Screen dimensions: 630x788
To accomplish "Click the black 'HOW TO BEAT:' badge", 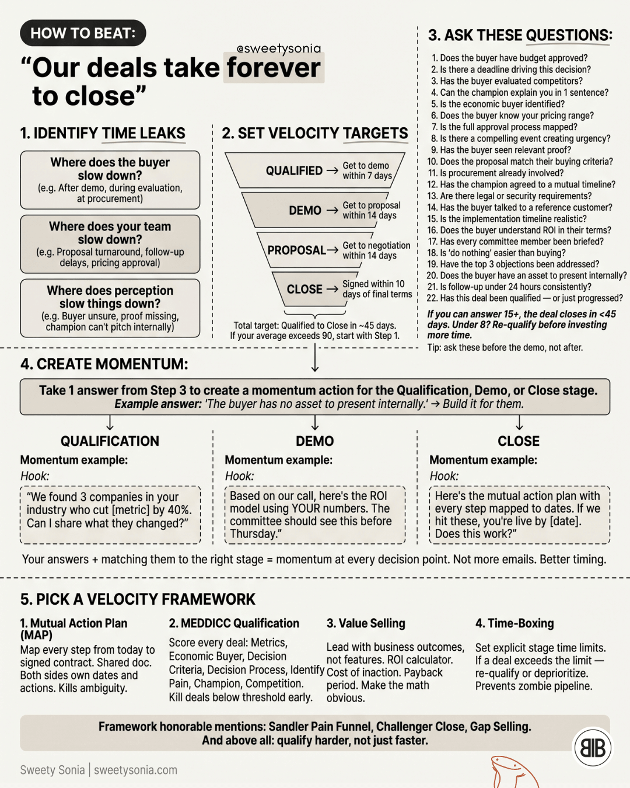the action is tap(83, 33).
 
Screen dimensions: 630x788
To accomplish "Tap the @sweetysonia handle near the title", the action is tap(279, 48).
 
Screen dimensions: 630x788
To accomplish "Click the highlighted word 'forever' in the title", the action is tap(274, 68).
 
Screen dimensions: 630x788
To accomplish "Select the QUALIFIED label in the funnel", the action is tap(294, 170).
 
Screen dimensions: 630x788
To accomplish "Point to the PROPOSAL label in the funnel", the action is tap(296, 250).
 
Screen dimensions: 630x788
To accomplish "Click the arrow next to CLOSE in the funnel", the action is tap(332, 290).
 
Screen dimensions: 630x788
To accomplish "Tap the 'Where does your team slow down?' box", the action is tap(110, 244).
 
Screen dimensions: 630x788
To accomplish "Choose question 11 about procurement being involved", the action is tap(495, 173).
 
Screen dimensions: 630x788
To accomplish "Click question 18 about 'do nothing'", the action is tap(496, 253).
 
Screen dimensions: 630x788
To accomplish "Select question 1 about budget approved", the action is tap(510, 58).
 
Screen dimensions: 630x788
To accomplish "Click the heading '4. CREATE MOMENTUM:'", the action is tap(104, 364).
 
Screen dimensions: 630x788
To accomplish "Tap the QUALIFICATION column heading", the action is tap(110, 441).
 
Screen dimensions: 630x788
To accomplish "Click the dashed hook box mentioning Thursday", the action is tap(315, 515).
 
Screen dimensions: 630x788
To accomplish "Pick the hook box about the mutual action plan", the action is tap(519, 515).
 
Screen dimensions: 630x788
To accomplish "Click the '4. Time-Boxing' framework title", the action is tap(514, 623).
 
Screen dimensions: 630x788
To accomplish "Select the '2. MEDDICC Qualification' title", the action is tap(234, 623).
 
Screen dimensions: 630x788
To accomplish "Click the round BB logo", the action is tap(593, 748).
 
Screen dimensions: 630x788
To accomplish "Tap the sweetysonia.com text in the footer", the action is tap(135, 770).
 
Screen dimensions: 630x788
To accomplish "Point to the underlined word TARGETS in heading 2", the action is tap(375, 133).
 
